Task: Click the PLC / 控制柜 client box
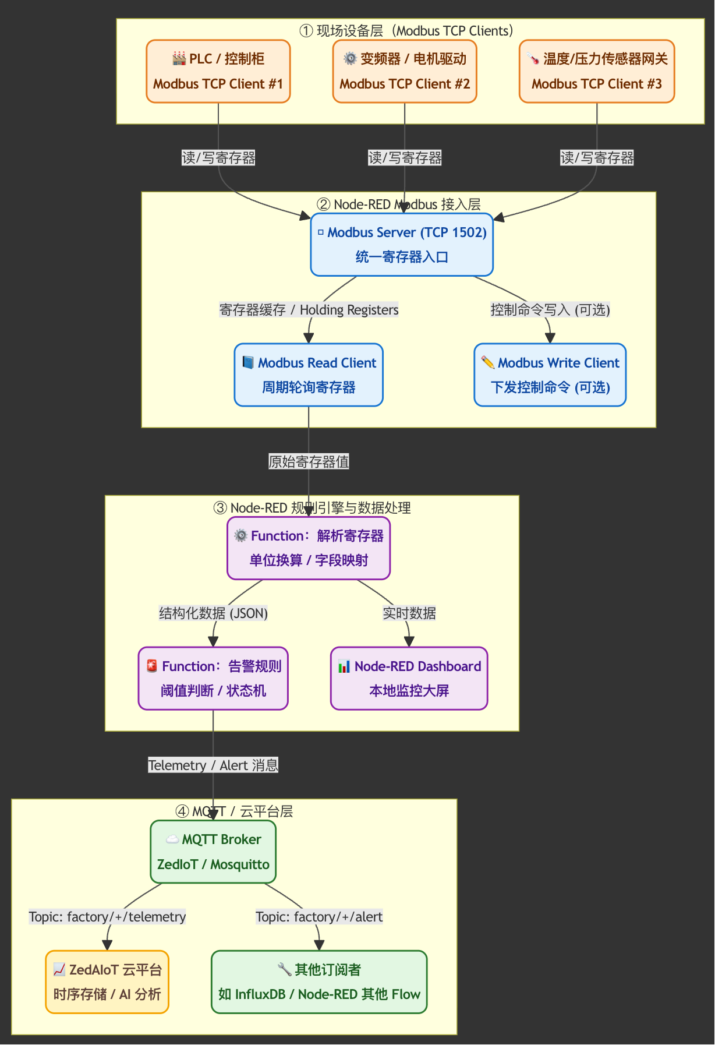[218, 71]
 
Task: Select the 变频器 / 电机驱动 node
[405, 71]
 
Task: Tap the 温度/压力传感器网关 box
[597, 71]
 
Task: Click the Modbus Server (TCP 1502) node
[402, 245]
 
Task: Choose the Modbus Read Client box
[309, 375]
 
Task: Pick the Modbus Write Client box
[550, 375]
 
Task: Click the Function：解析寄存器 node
[309, 548]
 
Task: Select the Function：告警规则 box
[213, 678]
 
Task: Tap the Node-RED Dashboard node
[409, 678]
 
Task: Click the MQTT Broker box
[213, 852]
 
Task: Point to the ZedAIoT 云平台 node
[107, 982]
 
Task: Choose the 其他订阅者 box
[319, 982]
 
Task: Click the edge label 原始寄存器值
[309, 462]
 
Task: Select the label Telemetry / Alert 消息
[213, 765]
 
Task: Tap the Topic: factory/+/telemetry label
[107, 917]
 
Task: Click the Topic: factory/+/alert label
[319, 917]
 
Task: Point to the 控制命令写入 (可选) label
[550, 310]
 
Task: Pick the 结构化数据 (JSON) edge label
[213, 613]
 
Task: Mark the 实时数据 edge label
[409, 613]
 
